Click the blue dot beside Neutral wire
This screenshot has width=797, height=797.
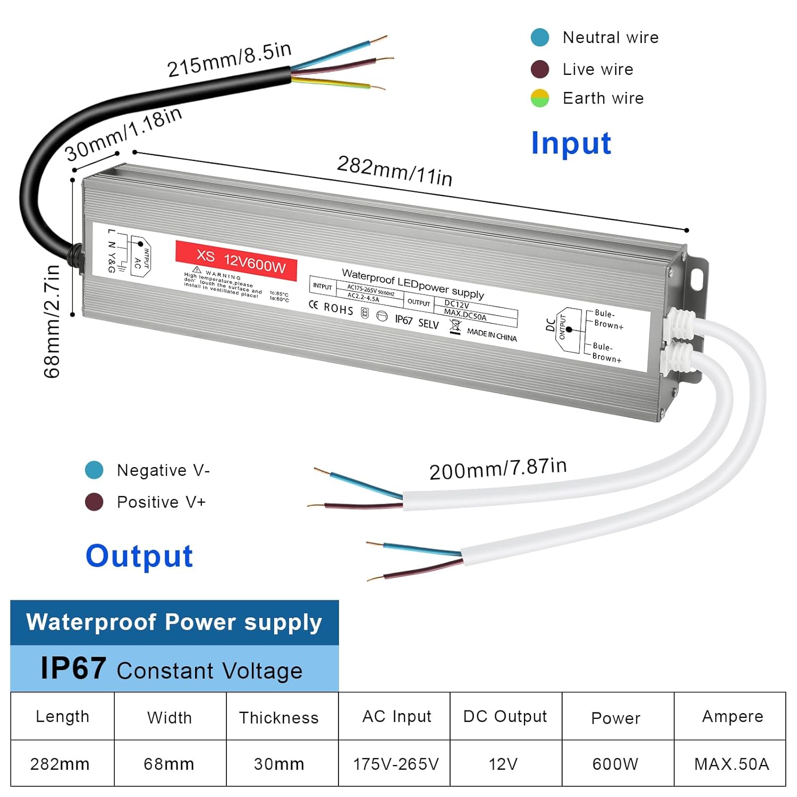(540, 38)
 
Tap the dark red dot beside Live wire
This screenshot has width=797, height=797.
(540, 69)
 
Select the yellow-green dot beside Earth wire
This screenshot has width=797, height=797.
(540, 98)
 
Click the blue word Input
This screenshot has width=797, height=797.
(571, 143)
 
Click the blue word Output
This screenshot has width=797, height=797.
(139, 556)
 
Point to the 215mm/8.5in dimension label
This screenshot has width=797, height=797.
(229, 59)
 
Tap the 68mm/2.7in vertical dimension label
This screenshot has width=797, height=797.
(52, 321)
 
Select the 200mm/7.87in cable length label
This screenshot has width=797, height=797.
(498, 469)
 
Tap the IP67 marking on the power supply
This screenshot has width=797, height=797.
(404, 319)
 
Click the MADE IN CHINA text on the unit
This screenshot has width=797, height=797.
(491, 335)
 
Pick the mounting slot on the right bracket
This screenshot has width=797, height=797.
(697, 278)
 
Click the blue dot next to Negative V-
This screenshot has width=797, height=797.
(94, 470)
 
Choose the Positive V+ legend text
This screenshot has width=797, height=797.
(161, 502)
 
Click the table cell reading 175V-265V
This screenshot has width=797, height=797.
(396, 764)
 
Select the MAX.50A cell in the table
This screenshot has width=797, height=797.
(732, 764)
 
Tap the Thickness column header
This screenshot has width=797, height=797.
(278, 717)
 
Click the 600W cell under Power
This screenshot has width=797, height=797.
(615, 764)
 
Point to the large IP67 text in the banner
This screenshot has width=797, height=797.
(73, 668)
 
